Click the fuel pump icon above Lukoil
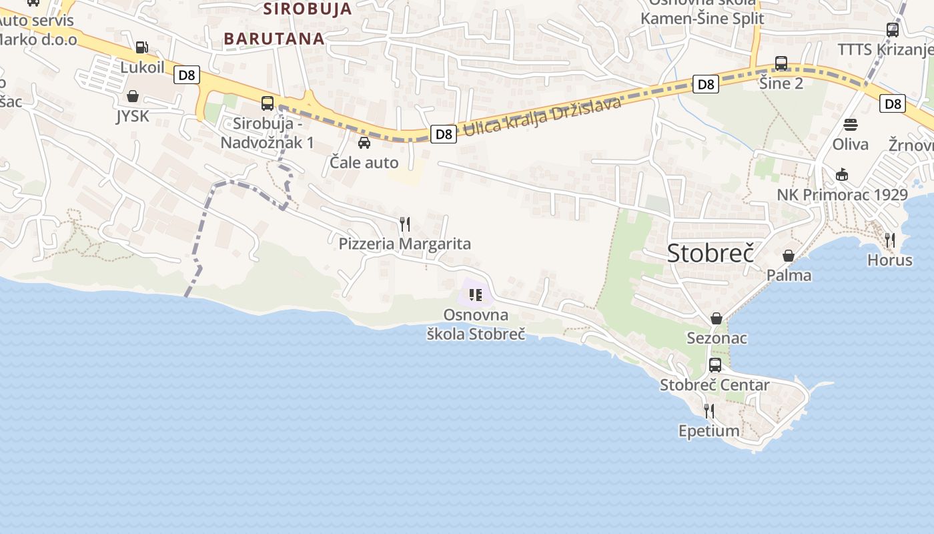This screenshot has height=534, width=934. click(x=141, y=47)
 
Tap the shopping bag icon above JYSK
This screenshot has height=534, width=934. click(x=133, y=97)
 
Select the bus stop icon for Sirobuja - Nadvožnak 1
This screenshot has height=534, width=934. click(x=268, y=103)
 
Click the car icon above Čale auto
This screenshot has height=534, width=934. click(x=364, y=142)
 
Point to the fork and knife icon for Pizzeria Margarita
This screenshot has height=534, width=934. click(x=404, y=224)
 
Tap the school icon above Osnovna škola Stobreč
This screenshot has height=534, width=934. click(x=476, y=294)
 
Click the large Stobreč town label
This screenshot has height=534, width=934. click(x=711, y=254)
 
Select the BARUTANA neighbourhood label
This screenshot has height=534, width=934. click(x=274, y=39)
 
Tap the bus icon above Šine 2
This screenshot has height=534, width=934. click(x=781, y=64)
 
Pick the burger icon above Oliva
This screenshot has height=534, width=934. click(x=851, y=125)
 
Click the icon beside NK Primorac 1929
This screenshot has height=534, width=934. click(x=842, y=175)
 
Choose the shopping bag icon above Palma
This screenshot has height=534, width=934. click(x=789, y=256)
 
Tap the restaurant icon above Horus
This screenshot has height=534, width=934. click(x=890, y=240)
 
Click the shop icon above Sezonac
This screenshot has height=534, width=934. click(x=717, y=318)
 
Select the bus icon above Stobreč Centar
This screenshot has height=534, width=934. click(x=715, y=365)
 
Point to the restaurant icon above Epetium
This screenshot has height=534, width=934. click(x=709, y=411)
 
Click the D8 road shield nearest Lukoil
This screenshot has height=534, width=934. click(x=187, y=75)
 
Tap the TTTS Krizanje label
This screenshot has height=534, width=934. click(x=885, y=50)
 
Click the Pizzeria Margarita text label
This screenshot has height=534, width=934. click(x=405, y=244)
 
